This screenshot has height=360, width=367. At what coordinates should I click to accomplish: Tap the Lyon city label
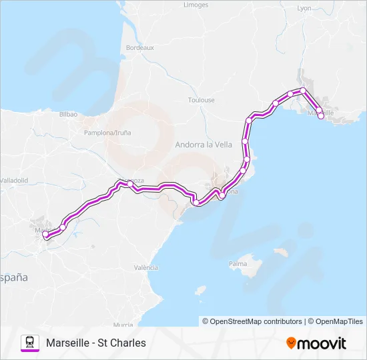pyautogui.click(x=304, y=9)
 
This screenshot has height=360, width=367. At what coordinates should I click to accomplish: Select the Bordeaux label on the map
pyautogui.click(x=140, y=48)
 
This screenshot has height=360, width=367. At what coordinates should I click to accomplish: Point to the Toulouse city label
pyautogui.click(x=201, y=100)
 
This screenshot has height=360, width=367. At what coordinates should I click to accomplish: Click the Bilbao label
pyautogui.click(x=69, y=115)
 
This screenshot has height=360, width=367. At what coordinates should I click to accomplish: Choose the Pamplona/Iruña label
pyautogui.click(x=107, y=133)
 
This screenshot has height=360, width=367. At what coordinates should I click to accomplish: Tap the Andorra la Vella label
pyautogui.click(x=204, y=144)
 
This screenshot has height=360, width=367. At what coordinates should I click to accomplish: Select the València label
pyautogui.click(x=145, y=267)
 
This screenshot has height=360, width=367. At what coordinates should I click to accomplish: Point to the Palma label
pyautogui.click(x=238, y=264)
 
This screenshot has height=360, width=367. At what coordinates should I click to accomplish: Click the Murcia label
pyautogui.click(x=123, y=325)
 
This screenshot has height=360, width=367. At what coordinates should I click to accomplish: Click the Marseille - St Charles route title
pyautogui.click(x=96, y=343)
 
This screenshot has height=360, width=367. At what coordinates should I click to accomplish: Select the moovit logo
pyautogui.click(x=316, y=343)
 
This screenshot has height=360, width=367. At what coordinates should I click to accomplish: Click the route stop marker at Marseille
pyautogui.click(x=321, y=116)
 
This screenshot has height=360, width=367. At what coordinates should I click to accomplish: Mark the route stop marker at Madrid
pyautogui.click(x=45, y=235)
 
